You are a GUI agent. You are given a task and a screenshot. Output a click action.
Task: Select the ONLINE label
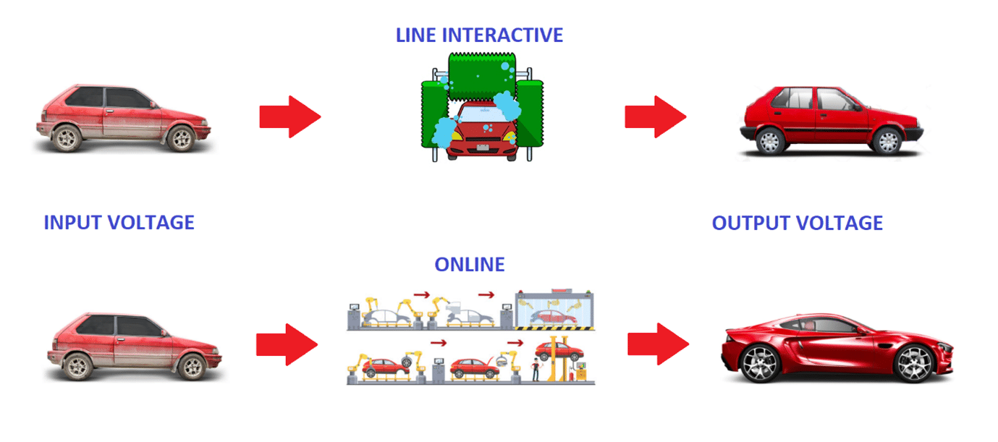click(469, 265)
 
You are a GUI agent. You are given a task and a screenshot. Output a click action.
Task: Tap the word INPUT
click(73, 222)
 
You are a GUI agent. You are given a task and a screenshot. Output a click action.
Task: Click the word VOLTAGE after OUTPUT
click(842, 223)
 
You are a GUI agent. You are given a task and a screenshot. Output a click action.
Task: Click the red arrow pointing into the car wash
click(289, 116)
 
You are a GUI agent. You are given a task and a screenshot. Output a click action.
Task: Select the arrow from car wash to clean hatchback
click(655, 116)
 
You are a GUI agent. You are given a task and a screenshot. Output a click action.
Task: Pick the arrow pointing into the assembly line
click(287, 344)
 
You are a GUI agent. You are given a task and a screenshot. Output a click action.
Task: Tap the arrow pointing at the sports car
click(658, 344)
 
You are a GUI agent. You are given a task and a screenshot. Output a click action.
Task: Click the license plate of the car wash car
click(481, 149)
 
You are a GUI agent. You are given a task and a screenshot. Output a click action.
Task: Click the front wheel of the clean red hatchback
click(886, 140)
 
